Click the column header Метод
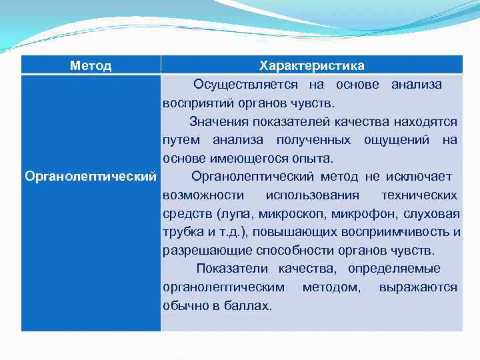pyautogui.click(x=91, y=65)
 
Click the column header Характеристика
pyautogui.click(x=311, y=65)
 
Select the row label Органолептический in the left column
pyautogui.click(x=91, y=177)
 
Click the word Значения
pyautogui.click(x=219, y=122)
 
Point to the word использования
pyautogui.click(x=312, y=195)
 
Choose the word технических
pyautogui.click(x=419, y=195)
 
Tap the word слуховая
pyautogui.click(x=431, y=214)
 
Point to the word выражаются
pyautogui.click(x=418, y=287)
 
